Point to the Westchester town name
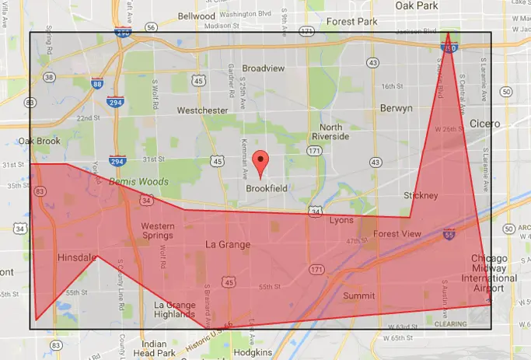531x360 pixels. (202, 110)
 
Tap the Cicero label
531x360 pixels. (486, 124)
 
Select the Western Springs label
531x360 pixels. (157, 231)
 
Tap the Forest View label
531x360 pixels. (397, 234)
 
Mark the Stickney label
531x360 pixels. (421, 195)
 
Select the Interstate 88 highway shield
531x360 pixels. (97, 84)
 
